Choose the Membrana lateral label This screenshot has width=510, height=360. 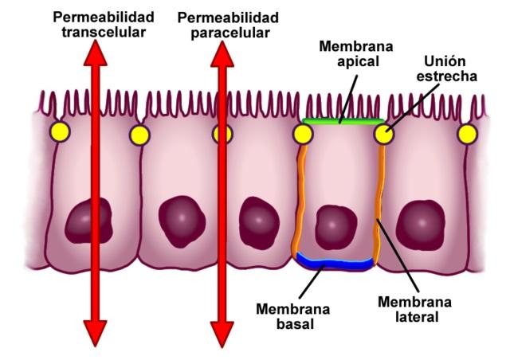(x=414, y=310)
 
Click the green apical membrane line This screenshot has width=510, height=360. (x=343, y=122)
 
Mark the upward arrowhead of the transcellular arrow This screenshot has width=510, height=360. (x=95, y=53)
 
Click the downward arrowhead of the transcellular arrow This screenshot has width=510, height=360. (x=95, y=333)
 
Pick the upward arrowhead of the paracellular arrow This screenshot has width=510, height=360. (x=222, y=53)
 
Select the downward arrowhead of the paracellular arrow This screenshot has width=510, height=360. (x=222, y=333)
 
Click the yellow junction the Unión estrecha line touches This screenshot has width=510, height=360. (x=384, y=134)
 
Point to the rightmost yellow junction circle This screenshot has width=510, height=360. (x=468, y=132)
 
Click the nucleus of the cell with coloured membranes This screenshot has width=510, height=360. (x=335, y=227)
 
